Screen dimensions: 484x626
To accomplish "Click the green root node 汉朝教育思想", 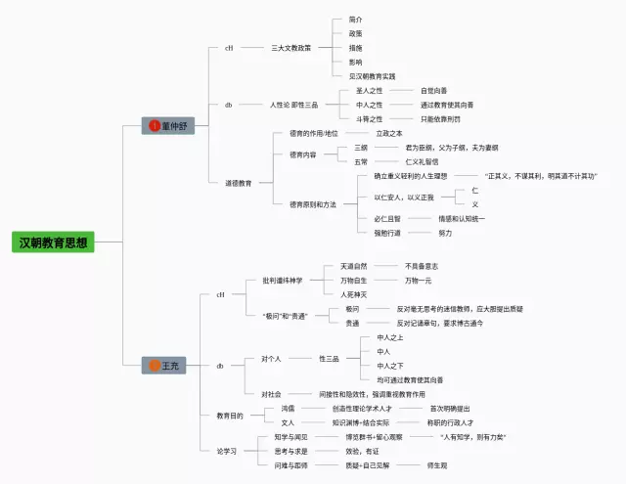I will point(54,242).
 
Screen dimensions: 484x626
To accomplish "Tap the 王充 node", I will point(170,365).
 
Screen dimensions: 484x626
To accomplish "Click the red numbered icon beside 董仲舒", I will point(154,125).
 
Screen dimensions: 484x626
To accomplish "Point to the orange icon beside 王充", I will point(154,365).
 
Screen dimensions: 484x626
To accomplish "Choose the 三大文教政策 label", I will point(291,47).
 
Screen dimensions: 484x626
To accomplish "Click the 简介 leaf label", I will point(355,19).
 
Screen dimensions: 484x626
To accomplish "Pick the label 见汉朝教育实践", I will point(373,75).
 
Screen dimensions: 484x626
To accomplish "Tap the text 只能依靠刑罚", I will point(440,118).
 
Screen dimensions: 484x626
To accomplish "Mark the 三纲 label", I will point(361,147).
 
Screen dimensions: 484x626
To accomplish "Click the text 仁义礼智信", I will point(422,161).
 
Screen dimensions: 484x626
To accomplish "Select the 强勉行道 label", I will point(388,233).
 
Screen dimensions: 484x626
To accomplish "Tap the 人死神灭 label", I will point(354,293).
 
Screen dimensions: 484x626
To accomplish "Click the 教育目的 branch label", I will point(230,416).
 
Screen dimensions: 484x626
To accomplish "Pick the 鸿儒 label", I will point(288,408).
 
